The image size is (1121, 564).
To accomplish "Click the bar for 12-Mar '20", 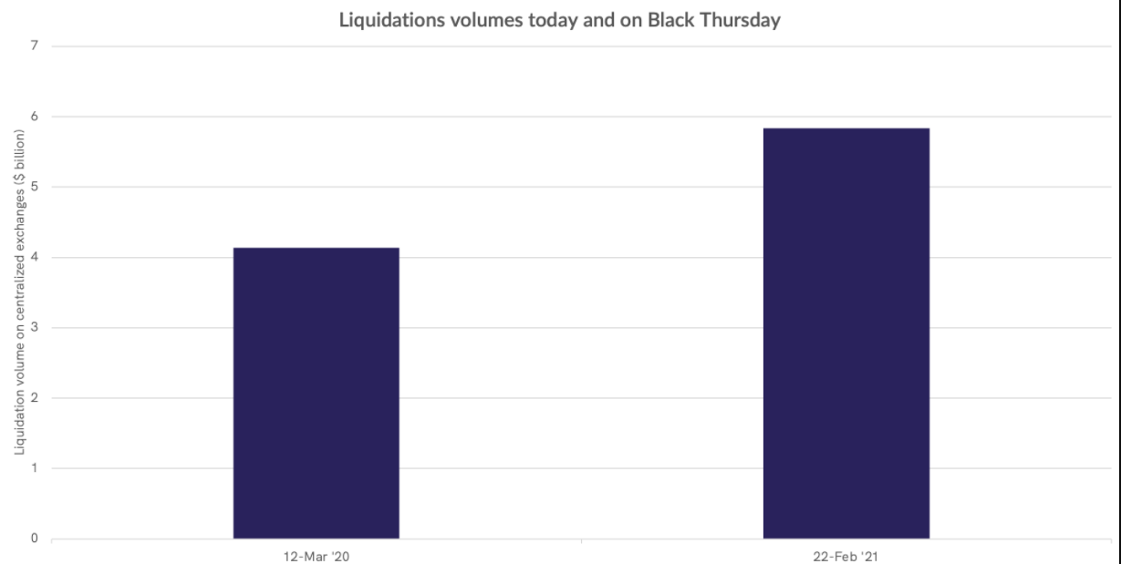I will pos(316,393).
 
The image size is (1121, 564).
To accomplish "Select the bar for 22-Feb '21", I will pos(846,333).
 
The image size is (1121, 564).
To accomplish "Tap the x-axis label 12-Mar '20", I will pos(316,555).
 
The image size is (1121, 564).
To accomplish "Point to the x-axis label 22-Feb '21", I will pos(846,555).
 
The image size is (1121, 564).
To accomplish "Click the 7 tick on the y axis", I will pos(35,46).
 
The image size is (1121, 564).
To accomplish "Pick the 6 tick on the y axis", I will pos(35,117).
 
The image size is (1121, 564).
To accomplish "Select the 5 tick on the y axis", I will pos(35,187).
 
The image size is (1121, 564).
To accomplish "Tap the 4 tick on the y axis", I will pos(35,257).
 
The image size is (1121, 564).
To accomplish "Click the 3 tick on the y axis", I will pos(35,327).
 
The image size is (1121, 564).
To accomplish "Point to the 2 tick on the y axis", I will pos(35,397).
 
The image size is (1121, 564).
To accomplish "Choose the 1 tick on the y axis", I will pos(35,468).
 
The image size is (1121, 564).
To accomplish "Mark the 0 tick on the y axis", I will pos(35,538).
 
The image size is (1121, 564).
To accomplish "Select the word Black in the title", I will pos(670,19).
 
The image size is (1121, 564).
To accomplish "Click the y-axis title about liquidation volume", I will pos(18,292).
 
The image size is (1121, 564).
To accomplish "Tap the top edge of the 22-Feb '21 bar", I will pos(846,128).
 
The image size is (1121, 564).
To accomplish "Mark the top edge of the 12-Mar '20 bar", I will pos(316,248).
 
